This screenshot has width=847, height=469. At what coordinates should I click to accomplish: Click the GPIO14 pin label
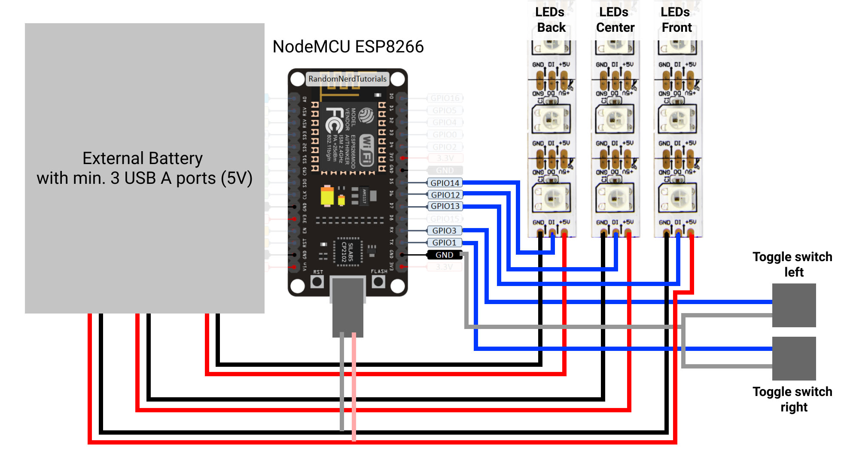pos(445,183)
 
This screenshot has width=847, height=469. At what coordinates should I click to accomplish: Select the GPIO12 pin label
pos(445,195)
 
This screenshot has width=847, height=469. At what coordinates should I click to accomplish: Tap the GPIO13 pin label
pos(445,207)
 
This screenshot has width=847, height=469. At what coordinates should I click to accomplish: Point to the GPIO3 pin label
pos(444,231)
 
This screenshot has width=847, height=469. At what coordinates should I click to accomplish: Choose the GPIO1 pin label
pos(444,243)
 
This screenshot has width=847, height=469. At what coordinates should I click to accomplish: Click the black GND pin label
pos(444,255)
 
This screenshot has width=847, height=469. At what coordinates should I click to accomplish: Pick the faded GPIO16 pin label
pos(445,98)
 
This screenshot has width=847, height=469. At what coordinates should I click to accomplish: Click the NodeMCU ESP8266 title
pos(348,47)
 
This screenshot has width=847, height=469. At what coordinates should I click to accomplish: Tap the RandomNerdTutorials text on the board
pos(347,79)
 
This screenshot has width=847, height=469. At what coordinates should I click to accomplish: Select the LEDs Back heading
pos(551,20)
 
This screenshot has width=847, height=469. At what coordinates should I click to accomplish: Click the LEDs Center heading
pos(615,20)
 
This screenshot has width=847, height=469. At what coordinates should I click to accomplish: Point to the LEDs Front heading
pos(676,20)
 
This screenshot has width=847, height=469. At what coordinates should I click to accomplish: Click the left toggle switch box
pos(794,305)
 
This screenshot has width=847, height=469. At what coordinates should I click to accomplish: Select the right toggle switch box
pos(794,359)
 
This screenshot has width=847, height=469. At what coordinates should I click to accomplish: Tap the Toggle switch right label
pos(792,399)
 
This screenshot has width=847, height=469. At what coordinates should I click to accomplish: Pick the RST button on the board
pos(317,282)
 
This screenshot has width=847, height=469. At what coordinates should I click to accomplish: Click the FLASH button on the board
pos(378,282)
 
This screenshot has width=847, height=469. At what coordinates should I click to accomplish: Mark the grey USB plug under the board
pos(348,307)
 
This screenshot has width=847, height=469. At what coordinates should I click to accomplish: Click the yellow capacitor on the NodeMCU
pos(327,196)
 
